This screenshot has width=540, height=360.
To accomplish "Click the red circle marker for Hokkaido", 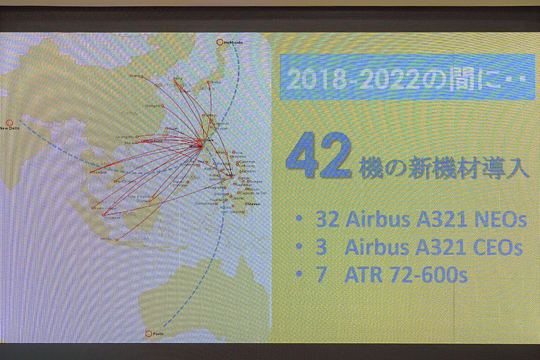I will click(219, 43).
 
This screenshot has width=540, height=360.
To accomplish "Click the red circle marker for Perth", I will click(148, 333).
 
